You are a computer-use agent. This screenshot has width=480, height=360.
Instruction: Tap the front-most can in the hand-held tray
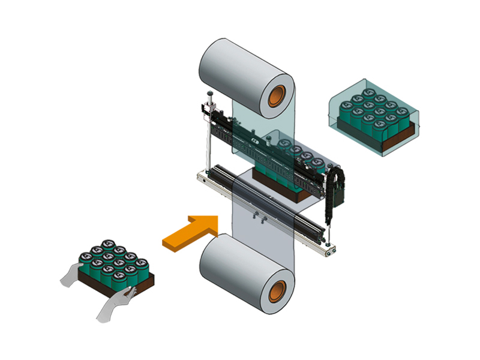[119, 281]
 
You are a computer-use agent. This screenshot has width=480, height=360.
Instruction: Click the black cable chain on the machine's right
[328, 192]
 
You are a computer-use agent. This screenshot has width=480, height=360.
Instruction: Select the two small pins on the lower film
[258, 218]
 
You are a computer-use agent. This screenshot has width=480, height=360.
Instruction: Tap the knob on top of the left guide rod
[209, 94]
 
